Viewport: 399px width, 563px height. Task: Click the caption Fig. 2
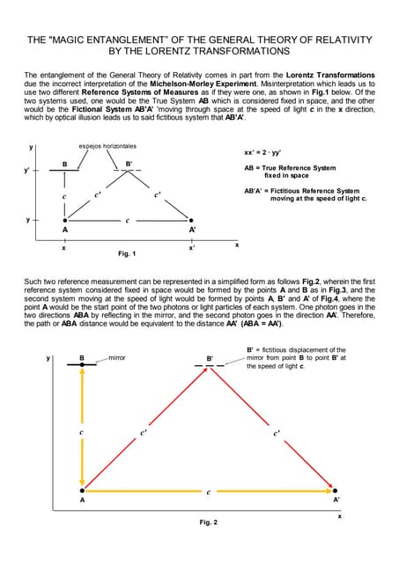(x=208, y=522)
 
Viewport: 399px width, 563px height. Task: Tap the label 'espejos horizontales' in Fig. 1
(x=107, y=146)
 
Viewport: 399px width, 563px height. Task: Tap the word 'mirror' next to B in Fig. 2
(x=118, y=358)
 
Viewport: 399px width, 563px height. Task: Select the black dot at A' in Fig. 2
(x=336, y=490)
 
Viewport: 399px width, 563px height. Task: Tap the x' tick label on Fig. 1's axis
(x=191, y=249)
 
